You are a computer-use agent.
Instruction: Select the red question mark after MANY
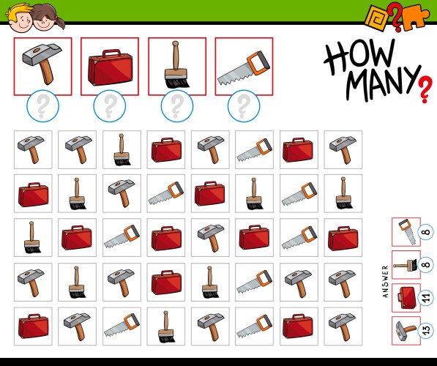425,90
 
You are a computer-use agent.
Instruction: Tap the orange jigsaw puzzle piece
414,18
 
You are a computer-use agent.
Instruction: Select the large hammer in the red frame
42,63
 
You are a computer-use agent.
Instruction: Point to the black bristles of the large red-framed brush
177,83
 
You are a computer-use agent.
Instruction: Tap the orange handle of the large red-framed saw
259,63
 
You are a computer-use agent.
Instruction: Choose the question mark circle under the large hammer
42,106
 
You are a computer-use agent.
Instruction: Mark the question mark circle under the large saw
244,106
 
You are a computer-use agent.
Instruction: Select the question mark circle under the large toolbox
110,106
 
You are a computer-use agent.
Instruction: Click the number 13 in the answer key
426,331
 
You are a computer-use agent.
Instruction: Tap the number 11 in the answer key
426,298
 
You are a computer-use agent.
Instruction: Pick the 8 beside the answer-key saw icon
427,232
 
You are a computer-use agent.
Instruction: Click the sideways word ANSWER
386,281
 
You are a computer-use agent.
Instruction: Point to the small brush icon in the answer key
406,265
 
